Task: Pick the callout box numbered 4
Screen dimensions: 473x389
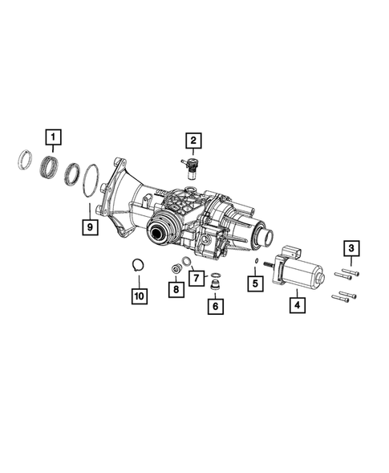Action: click(x=296, y=305)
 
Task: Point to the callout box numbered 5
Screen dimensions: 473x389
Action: click(x=253, y=283)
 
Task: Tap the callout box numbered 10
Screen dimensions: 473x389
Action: click(x=138, y=296)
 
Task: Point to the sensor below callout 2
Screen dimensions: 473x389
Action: click(x=192, y=166)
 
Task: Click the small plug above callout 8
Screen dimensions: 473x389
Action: click(x=173, y=267)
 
